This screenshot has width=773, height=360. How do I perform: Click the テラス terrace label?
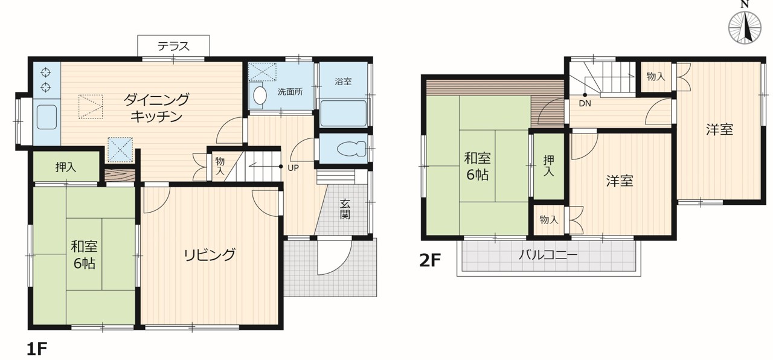tap(173, 46)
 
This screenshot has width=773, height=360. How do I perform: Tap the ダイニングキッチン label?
tap(156, 108)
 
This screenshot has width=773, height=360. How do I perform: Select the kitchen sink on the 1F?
tap(47, 117)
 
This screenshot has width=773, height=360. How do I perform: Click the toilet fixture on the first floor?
tap(351, 149)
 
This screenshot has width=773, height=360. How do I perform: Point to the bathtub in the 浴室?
tap(343, 113)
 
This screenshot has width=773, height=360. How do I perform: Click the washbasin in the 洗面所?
tap(260, 95)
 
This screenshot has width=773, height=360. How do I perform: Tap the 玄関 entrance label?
tap(345, 209)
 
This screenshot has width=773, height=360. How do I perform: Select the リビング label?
tap(210, 255)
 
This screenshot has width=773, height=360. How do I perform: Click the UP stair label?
tap(293, 168)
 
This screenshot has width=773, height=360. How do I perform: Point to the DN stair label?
tap(585, 103)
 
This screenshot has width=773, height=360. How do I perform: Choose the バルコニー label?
tap(548, 256)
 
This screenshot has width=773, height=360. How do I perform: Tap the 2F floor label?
tap(430, 260)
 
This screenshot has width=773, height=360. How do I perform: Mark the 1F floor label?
tap(37, 349)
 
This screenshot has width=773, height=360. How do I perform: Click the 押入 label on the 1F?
tap(66, 167)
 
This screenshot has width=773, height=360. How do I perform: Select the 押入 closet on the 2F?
tap(549, 166)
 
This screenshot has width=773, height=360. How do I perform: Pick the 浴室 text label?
tap(343, 82)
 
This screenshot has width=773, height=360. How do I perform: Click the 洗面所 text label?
tap(290, 92)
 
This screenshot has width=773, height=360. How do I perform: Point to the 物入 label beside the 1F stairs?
tap(220, 166)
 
